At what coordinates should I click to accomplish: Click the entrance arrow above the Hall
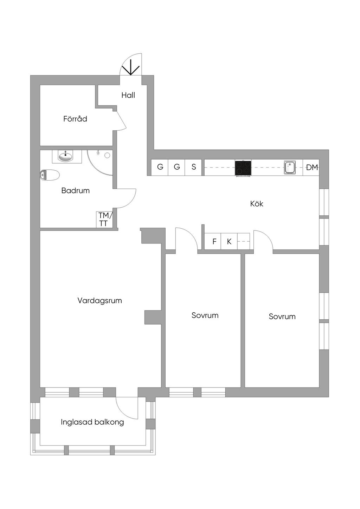[131, 67]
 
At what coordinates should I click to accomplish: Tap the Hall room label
[128, 95]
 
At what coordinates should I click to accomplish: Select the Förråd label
[75, 119]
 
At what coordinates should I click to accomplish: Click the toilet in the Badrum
[50, 175]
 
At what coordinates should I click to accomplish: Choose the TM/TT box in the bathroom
[104, 220]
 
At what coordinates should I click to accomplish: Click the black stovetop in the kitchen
[243, 168]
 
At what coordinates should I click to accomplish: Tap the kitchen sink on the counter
[290, 168]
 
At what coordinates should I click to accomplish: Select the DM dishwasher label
[312, 168]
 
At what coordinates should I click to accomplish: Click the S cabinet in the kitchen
[194, 167]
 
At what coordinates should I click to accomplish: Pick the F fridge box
[214, 242]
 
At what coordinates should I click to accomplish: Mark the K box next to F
[229, 242]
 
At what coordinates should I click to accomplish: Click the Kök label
[257, 204]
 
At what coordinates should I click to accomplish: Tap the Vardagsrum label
[99, 301]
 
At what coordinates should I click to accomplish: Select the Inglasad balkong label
[92, 422]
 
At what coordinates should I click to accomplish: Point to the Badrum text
[75, 191]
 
